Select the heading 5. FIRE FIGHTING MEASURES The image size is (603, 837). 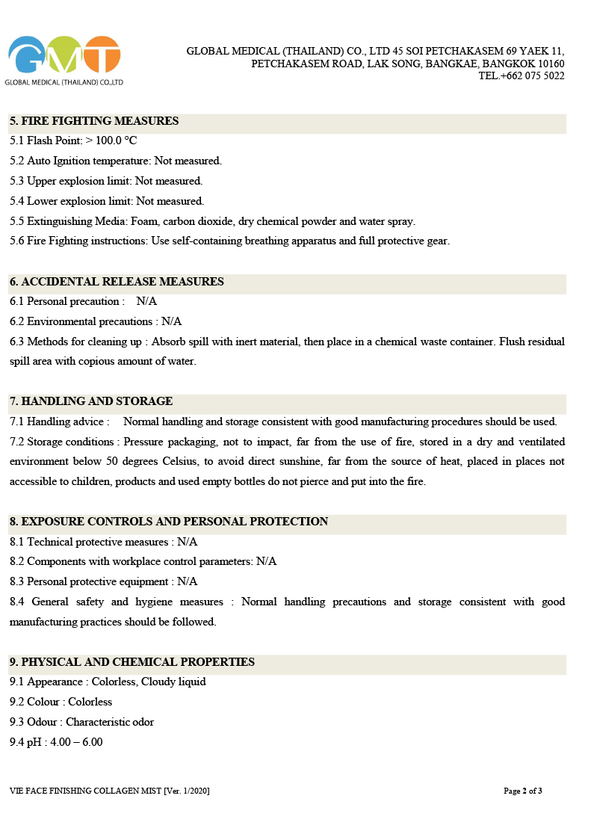tap(94, 121)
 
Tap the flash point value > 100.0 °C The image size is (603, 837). tap(111, 140)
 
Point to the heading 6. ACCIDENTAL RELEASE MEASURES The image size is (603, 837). tap(117, 282)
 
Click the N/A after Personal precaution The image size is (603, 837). tap(146, 302)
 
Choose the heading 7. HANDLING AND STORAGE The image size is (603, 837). tap(91, 401)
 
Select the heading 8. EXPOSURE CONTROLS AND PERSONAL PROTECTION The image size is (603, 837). tap(169, 522)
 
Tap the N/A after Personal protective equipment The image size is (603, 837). tap(187, 581)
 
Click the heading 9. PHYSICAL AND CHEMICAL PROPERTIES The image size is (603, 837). tap(132, 662)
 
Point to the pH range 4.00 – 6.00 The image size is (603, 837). tap(76, 742)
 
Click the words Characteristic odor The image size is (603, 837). tap(110, 722)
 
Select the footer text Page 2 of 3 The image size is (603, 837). tap(523, 791)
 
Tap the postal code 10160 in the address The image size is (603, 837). tap(551, 64)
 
